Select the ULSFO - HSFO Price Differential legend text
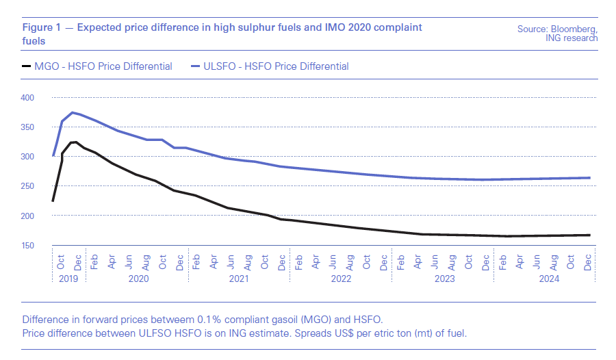click(277, 66)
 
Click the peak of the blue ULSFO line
click(72, 112)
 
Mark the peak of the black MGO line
click(75, 142)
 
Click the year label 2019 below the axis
click(68, 279)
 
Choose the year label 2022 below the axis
click(340, 279)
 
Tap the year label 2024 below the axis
click(548, 279)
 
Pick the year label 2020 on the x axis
click(138, 279)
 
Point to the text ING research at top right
click(572, 38)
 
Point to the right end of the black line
click(589, 235)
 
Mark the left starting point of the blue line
click(53, 156)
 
